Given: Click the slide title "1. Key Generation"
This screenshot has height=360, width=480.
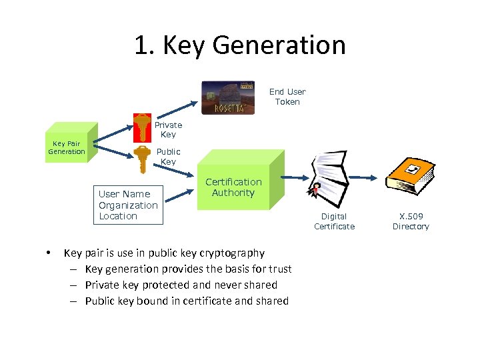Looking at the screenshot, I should [x=240, y=45].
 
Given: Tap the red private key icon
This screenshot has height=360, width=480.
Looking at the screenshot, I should [x=142, y=127].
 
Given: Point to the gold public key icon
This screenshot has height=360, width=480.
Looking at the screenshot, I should [x=142, y=159].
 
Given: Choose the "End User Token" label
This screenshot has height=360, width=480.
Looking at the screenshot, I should [x=287, y=97].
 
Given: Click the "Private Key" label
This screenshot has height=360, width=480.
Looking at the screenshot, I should [x=168, y=129].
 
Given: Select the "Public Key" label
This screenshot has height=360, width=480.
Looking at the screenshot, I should [x=168, y=157].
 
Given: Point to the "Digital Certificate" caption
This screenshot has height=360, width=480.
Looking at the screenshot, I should [x=334, y=221].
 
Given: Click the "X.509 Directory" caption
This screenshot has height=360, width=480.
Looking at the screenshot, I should [x=411, y=221].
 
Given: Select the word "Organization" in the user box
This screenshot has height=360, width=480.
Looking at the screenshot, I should [x=128, y=205].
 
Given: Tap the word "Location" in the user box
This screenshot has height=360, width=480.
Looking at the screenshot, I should [x=118, y=216].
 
